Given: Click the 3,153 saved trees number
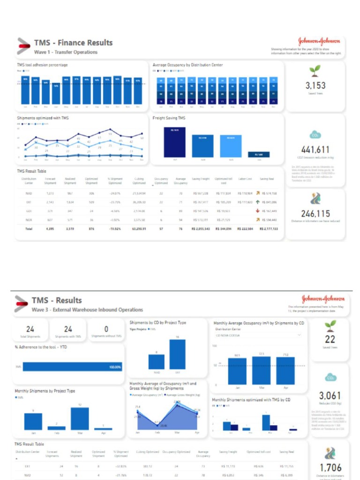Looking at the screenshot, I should coord(315,86).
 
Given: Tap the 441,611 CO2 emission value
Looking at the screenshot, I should coord(315,150).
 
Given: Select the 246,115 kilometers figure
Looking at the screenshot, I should coord(315,214).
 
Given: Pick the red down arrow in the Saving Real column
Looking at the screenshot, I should coord(257,210).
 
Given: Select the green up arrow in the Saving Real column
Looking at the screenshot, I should coord(257,202).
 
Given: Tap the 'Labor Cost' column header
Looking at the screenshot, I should coord(245,179).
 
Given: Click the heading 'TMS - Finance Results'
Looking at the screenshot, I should coord(73,43).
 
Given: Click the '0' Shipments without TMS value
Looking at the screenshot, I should coord(106,329).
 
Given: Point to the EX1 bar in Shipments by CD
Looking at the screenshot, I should coord(178,354).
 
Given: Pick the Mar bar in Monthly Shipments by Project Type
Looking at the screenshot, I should coord(80,419).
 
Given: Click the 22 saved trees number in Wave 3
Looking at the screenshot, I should coord(330,340).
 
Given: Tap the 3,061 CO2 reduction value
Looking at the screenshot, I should coord(330,396).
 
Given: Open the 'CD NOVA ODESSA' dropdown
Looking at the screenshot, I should coord(258,335).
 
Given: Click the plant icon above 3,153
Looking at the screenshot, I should coord(315,71).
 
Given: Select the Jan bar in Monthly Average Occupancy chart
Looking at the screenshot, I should coord(237,371).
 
